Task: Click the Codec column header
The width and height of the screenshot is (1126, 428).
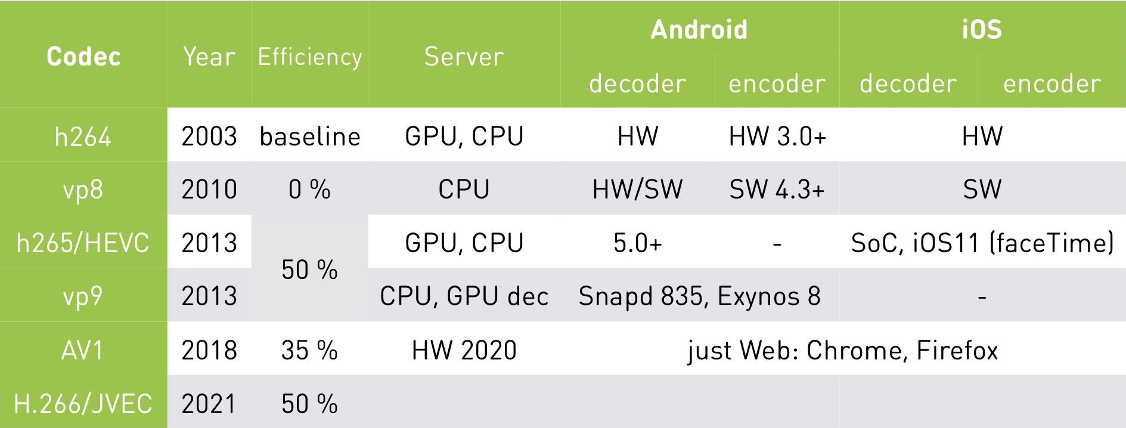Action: (x=83, y=57)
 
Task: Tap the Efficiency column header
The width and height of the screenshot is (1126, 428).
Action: (x=309, y=57)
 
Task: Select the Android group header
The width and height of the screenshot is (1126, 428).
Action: (x=699, y=29)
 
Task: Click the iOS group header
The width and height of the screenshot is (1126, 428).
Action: (x=982, y=29)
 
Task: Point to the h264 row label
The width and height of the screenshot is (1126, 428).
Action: (x=83, y=137)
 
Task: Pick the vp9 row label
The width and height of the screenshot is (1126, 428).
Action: (x=83, y=296)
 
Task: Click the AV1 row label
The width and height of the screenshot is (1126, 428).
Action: (x=83, y=350)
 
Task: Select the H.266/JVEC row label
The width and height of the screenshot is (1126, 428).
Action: (x=83, y=404)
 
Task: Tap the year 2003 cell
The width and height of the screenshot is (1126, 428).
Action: (x=209, y=137)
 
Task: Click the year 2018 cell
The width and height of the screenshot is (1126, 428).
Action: (x=209, y=350)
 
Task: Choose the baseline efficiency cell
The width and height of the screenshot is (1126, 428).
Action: (x=310, y=137)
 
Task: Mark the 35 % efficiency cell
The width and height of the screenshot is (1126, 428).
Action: (x=309, y=350)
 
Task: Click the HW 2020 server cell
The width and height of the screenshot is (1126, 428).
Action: (x=464, y=350)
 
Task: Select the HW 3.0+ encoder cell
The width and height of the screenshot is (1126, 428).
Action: (x=777, y=137)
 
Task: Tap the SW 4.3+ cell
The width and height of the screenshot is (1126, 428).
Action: (x=777, y=190)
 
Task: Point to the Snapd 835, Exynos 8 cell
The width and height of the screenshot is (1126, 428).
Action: (x=699, y=296)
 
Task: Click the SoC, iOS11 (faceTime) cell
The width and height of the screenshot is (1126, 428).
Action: (x=982, y=243)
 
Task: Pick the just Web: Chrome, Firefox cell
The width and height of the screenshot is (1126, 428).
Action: (x=842, y=350)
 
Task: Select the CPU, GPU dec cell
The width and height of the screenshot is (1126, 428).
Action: (x=464, y=296)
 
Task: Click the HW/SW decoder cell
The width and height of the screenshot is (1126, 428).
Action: (x=637, y=190)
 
